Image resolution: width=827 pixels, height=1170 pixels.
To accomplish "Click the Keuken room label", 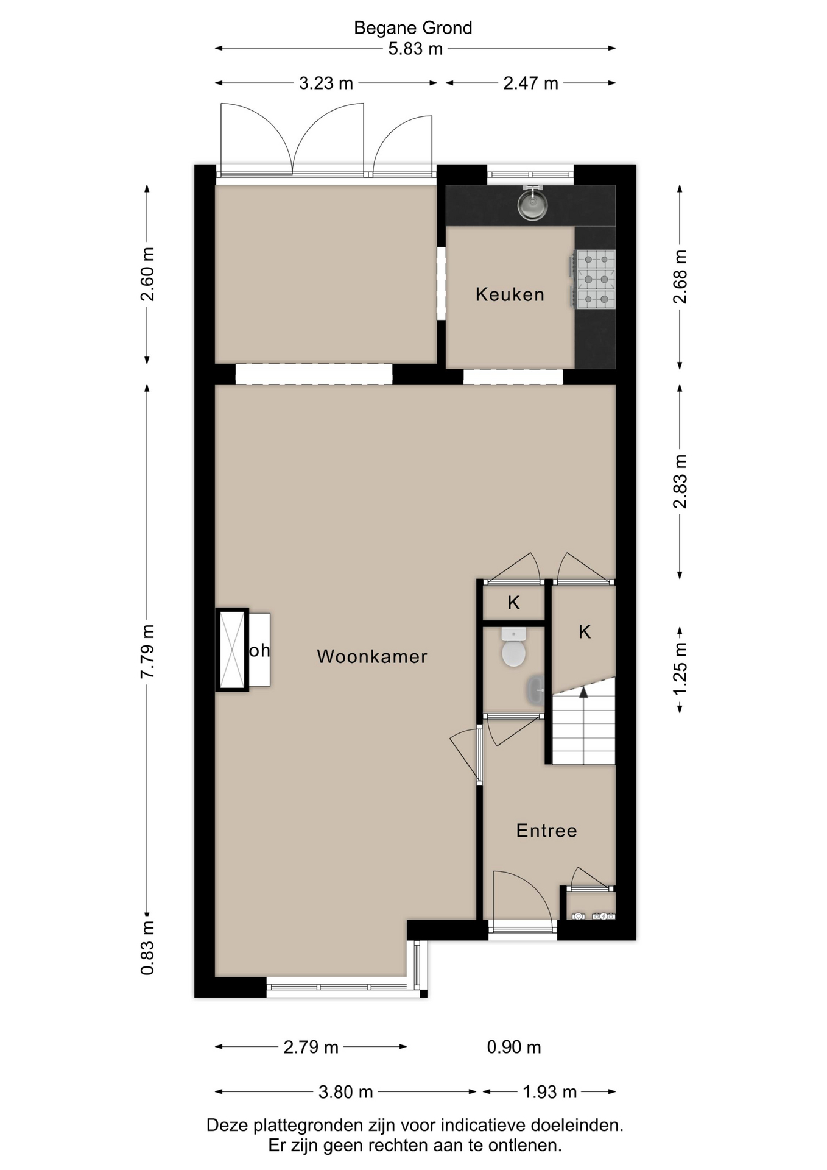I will (x=510, y=294).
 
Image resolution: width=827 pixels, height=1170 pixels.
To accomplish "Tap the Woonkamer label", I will (x=372, y=656).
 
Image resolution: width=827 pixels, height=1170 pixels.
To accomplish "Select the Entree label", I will (x=546, y=831).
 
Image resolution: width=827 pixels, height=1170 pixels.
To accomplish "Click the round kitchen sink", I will (x=532, y=205).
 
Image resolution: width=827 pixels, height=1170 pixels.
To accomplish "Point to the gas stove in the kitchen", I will (x=596, y=279).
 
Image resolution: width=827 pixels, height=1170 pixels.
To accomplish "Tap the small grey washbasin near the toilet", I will (x=537, y=690).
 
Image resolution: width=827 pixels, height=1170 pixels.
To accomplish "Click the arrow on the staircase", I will (x=583, y=692).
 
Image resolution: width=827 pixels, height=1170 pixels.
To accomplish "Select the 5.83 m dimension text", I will (x=415, y=49).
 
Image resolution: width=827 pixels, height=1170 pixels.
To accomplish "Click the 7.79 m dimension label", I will (x=147, y=651).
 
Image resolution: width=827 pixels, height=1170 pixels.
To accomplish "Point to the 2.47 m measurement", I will (x=530, y=83).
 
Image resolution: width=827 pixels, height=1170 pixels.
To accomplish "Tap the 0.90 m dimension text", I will (x=513, y=1047).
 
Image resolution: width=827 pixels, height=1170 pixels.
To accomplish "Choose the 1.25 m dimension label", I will (x=680, y=668).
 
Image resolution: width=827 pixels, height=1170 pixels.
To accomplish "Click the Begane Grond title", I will (x=413, y=28).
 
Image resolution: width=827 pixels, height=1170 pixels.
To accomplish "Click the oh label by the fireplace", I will (x=259, y=650).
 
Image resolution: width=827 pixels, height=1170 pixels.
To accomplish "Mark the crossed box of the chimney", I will (x=232, y=650).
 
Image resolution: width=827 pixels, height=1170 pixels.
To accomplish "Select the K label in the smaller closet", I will (x=513, y=603).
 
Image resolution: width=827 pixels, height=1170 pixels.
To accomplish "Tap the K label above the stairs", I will (x=585, y=632).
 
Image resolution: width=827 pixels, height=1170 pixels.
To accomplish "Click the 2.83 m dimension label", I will (x=680, y=481).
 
